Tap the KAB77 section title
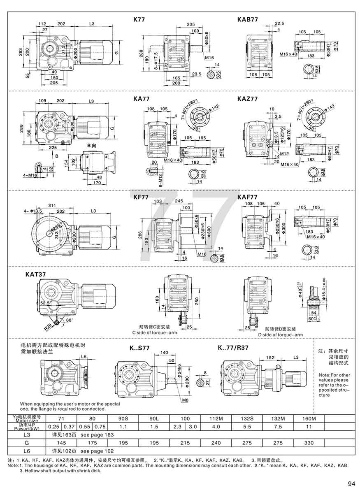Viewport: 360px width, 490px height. point(247,19)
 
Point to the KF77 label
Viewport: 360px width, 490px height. point(141,197)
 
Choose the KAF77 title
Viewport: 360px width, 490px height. point(247,197)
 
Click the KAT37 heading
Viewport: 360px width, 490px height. point(37,273)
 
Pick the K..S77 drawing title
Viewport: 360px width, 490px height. point(139,348)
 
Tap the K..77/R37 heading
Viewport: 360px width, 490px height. point(235,348)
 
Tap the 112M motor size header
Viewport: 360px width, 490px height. point(216,418)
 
